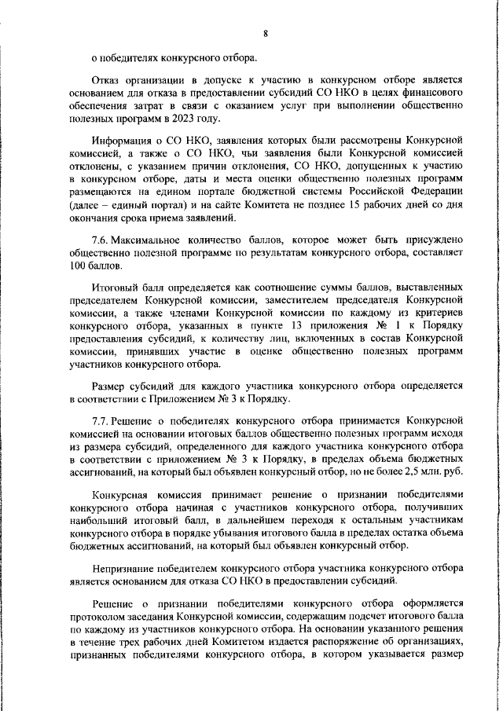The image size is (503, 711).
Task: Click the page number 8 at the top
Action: click(x=266, y=34)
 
